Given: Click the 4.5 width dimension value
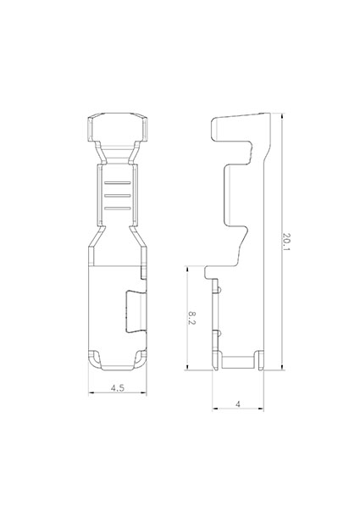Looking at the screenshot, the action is coord(118,388).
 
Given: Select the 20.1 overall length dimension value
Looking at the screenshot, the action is coord(287,242).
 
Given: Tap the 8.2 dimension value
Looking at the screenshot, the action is coord(192,318).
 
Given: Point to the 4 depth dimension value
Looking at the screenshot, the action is coord(238,404).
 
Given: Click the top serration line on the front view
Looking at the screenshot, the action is coord(118,183).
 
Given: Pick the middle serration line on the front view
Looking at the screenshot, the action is coord(118,196).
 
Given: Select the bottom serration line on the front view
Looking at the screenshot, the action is coord(118,208).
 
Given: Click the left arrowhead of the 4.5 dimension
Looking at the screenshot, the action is coord(91,392).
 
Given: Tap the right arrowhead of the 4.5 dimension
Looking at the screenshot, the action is coord(144,392).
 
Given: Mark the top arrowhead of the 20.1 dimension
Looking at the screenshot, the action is coord(282,116).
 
